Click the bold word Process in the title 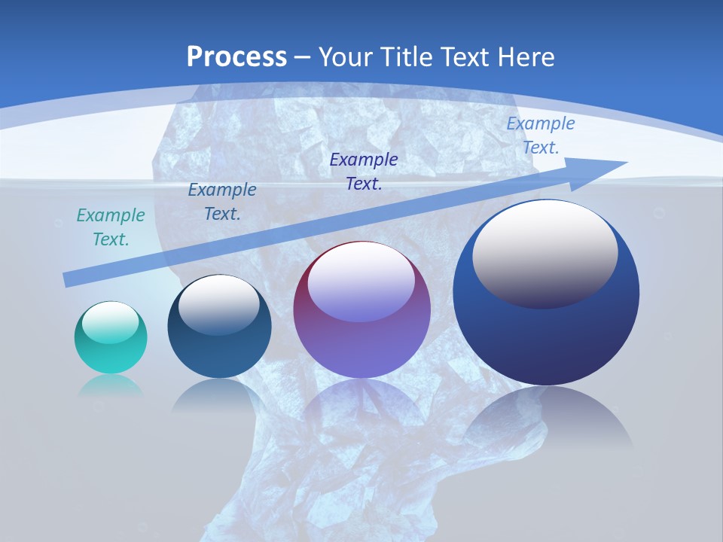click(236, 56)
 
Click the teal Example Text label click(111, 227)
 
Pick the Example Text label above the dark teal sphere click(222, 202)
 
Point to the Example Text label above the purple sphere click(364, 171)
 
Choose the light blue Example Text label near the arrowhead click(541, 135)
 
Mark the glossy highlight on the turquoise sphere click(110, 322)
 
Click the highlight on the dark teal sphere click(218, 303)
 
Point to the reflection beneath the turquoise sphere click(111, 385)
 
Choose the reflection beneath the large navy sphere click(546, 418)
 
